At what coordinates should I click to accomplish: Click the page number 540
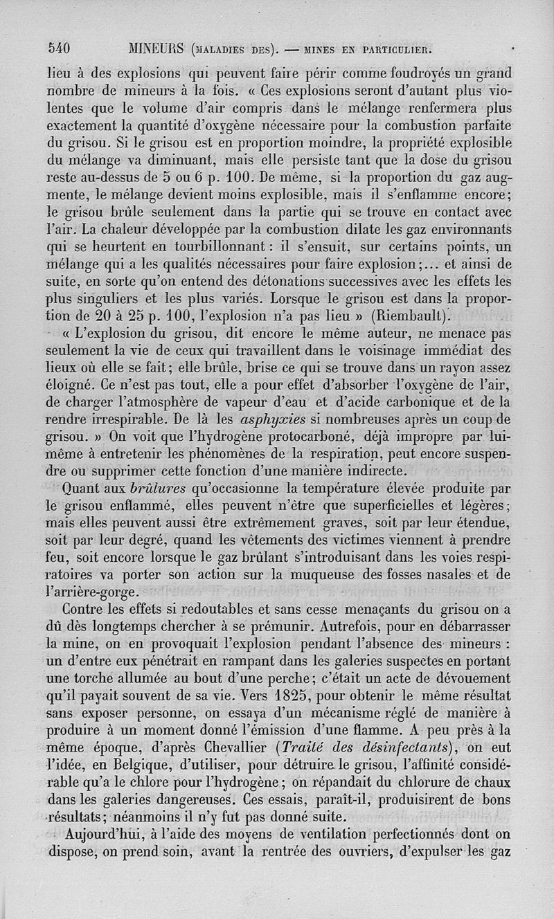click(61, 48)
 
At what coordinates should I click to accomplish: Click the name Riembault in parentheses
click(410, 316)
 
